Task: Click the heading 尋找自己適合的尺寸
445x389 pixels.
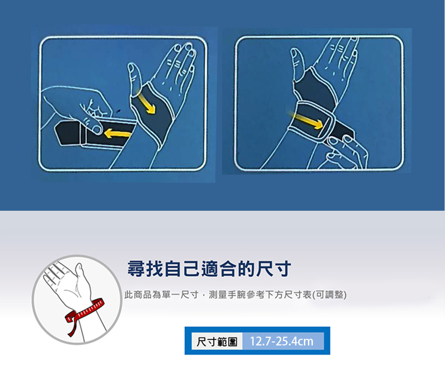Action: tap(209, 269)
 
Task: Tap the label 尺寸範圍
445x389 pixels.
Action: tap(217, 341)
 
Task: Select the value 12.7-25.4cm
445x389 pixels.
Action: tap(282, 341)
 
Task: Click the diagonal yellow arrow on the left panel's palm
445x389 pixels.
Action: tap(146, 103)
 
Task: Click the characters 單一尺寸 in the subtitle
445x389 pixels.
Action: tap(180, 295)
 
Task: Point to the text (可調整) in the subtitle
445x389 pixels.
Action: tap(329, 295)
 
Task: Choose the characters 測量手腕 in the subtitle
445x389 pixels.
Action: tap(227, 295)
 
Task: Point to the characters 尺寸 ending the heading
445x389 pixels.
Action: tap(274, 269)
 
